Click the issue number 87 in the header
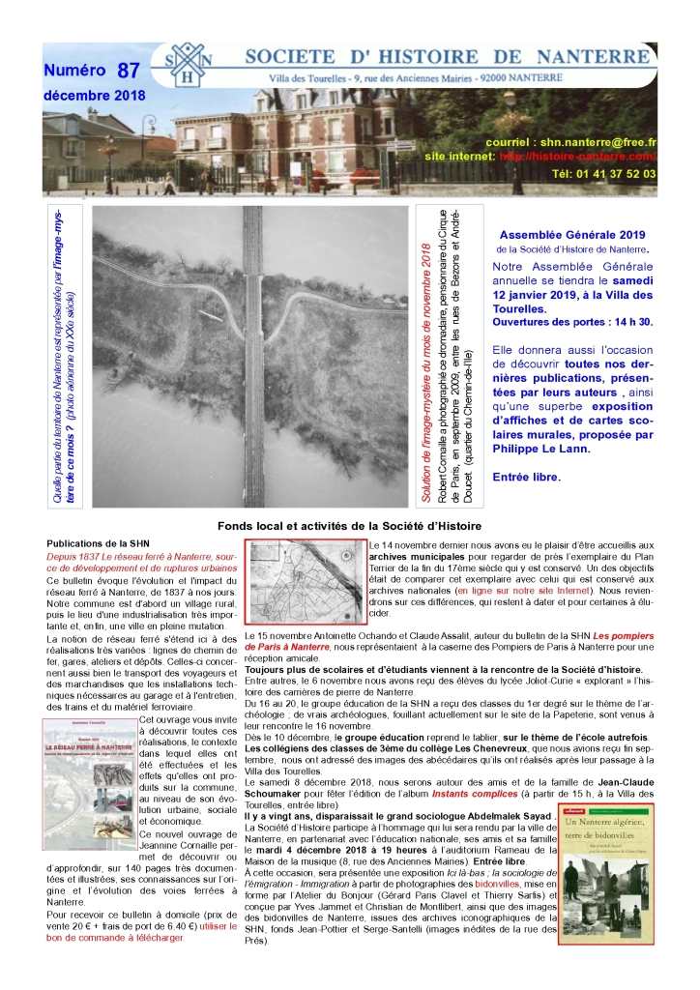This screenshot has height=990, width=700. click(127, 71)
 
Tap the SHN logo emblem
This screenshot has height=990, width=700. click(191, 65)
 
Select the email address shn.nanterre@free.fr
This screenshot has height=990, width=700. click(598, 141)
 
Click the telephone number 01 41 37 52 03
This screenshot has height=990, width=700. click(605, 174)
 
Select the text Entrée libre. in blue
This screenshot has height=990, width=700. click(526, 478)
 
